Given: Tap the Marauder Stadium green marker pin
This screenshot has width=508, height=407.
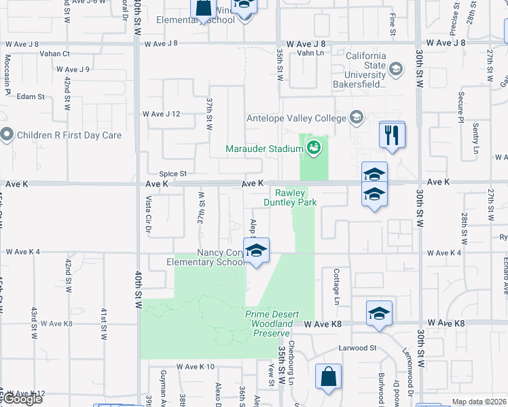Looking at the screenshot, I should (x=313, y=147).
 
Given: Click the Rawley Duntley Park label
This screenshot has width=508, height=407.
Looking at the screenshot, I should (x=290, y=197).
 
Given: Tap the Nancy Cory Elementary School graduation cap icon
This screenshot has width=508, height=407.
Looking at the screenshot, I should (x=256, y=251).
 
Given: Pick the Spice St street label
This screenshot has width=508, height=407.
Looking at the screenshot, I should (x=173, y=174).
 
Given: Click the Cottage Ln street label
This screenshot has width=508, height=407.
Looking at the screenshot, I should (x=336, y=286).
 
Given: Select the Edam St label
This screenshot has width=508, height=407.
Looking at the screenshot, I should (x=31, y=97).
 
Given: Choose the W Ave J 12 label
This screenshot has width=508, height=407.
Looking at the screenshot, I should (x=161, y=114).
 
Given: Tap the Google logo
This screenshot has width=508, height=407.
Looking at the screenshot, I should (x=22, y=400).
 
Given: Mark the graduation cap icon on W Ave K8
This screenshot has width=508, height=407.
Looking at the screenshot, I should (x=379, y=313).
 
